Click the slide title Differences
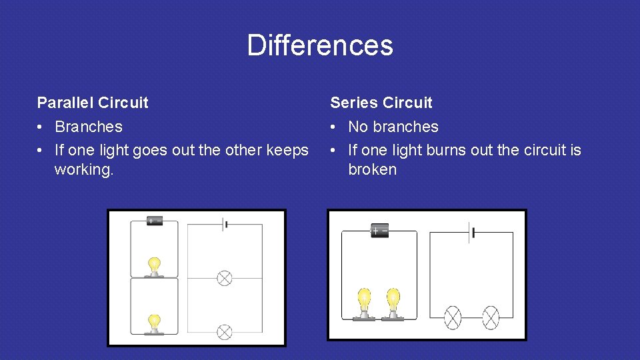pyautogui.click(x=320, y=45)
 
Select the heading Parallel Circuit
pyautogui.click(x=93, y=103)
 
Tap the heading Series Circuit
pyautogui.click(x=381, y=103)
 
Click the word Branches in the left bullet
pyautogui.click(x=89, y=127)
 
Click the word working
pyautogui.click(x=84, y=169)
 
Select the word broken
pyautogui.click(x=372, y=169)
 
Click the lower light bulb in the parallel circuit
pyautogui.click(x=155, y=323)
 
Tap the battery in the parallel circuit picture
pyautogui.click(x=155, y=221)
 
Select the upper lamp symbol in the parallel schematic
pyautogui.click(x=225, y=277)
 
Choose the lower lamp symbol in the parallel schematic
pyautogui.click(x=225, y=331)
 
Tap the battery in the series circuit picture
pyautogui.click(x=380, y=231)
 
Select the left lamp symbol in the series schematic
pyautogui.click(x=453, y=317)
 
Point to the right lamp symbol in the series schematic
pyautogui.click(x=491, y=317)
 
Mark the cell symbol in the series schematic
pyautogui.click(x=473, y=233)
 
